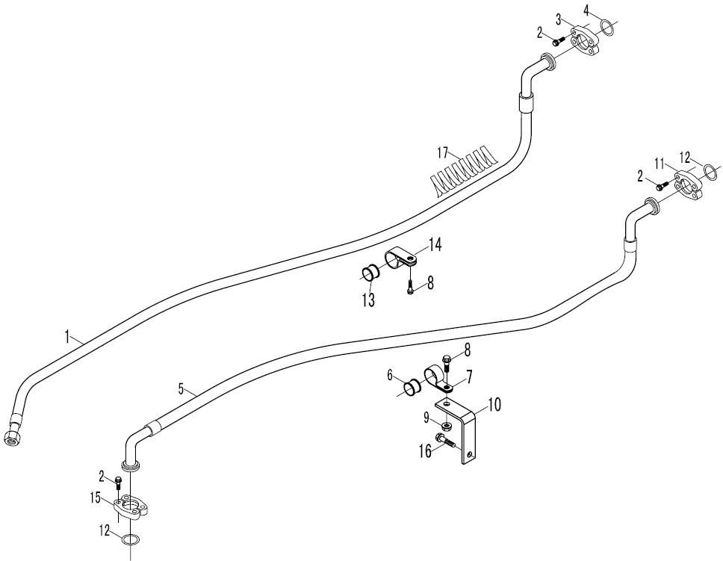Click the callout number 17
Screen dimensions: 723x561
[x=442, y=152]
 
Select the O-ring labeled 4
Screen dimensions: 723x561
[x=606, y=26]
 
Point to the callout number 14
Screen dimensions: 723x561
[x=435, y=246]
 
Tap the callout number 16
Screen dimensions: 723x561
[x=425, y=450]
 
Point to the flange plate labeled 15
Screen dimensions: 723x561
[x=131, y=507]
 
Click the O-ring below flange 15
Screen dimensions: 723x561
[x=131, y=539]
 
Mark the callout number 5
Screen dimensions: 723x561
[x=181, y=388]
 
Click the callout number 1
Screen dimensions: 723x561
[x=67, y=336]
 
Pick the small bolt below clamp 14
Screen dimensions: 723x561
[x=410, y=285]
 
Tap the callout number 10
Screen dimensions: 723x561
[x=494, y=404]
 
